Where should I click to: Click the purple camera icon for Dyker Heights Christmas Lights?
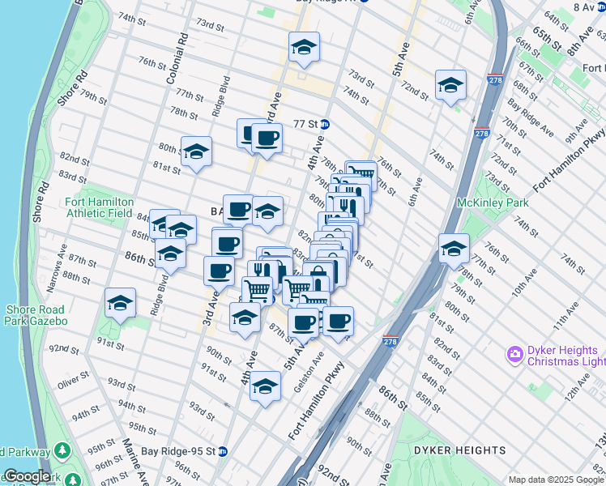514,354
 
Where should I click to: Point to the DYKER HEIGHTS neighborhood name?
459,450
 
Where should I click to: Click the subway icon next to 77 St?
324,124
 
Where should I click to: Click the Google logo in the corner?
26,476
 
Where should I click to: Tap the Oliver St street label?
73,377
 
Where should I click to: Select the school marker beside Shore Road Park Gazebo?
121,303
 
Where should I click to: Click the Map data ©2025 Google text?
555,479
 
